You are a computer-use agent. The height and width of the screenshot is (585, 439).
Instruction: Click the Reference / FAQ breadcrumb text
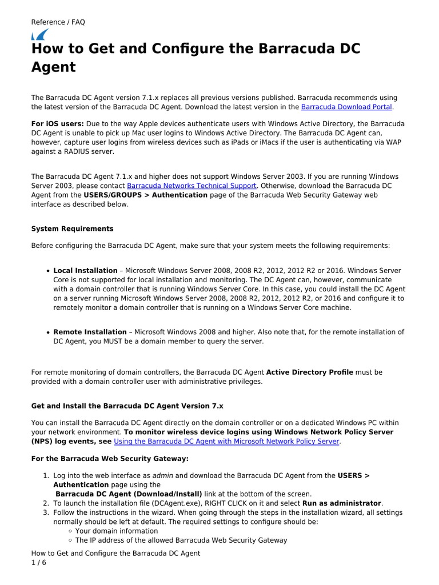[58, 22]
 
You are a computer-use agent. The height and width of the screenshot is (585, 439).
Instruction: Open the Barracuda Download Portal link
[346, 107]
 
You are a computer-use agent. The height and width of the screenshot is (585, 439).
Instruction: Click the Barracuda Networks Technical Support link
[192, 186]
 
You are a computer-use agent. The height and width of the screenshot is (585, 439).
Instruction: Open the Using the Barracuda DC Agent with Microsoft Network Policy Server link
[227, 441]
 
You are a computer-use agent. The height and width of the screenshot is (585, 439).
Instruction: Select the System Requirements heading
[72, 229]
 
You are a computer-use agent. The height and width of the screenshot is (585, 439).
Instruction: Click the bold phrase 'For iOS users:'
[57, 124]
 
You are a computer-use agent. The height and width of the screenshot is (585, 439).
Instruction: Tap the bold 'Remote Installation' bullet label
[90, 332]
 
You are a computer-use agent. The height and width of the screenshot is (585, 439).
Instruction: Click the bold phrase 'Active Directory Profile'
[310, 372]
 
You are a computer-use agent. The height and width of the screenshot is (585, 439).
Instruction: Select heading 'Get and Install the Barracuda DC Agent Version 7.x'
[127, 406]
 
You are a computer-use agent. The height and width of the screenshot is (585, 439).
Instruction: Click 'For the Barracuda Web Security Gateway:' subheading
[110, 459]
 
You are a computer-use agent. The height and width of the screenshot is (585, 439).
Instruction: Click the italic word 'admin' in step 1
[163, 475]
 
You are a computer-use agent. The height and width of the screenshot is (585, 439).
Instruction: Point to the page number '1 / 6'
[38, 563]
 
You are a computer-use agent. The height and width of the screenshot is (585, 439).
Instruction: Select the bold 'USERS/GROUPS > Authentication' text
[146, 195]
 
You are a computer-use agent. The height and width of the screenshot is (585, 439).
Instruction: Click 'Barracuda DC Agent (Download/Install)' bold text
[129, 494]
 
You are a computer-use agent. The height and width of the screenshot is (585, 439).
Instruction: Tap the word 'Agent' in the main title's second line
[53, 67]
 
